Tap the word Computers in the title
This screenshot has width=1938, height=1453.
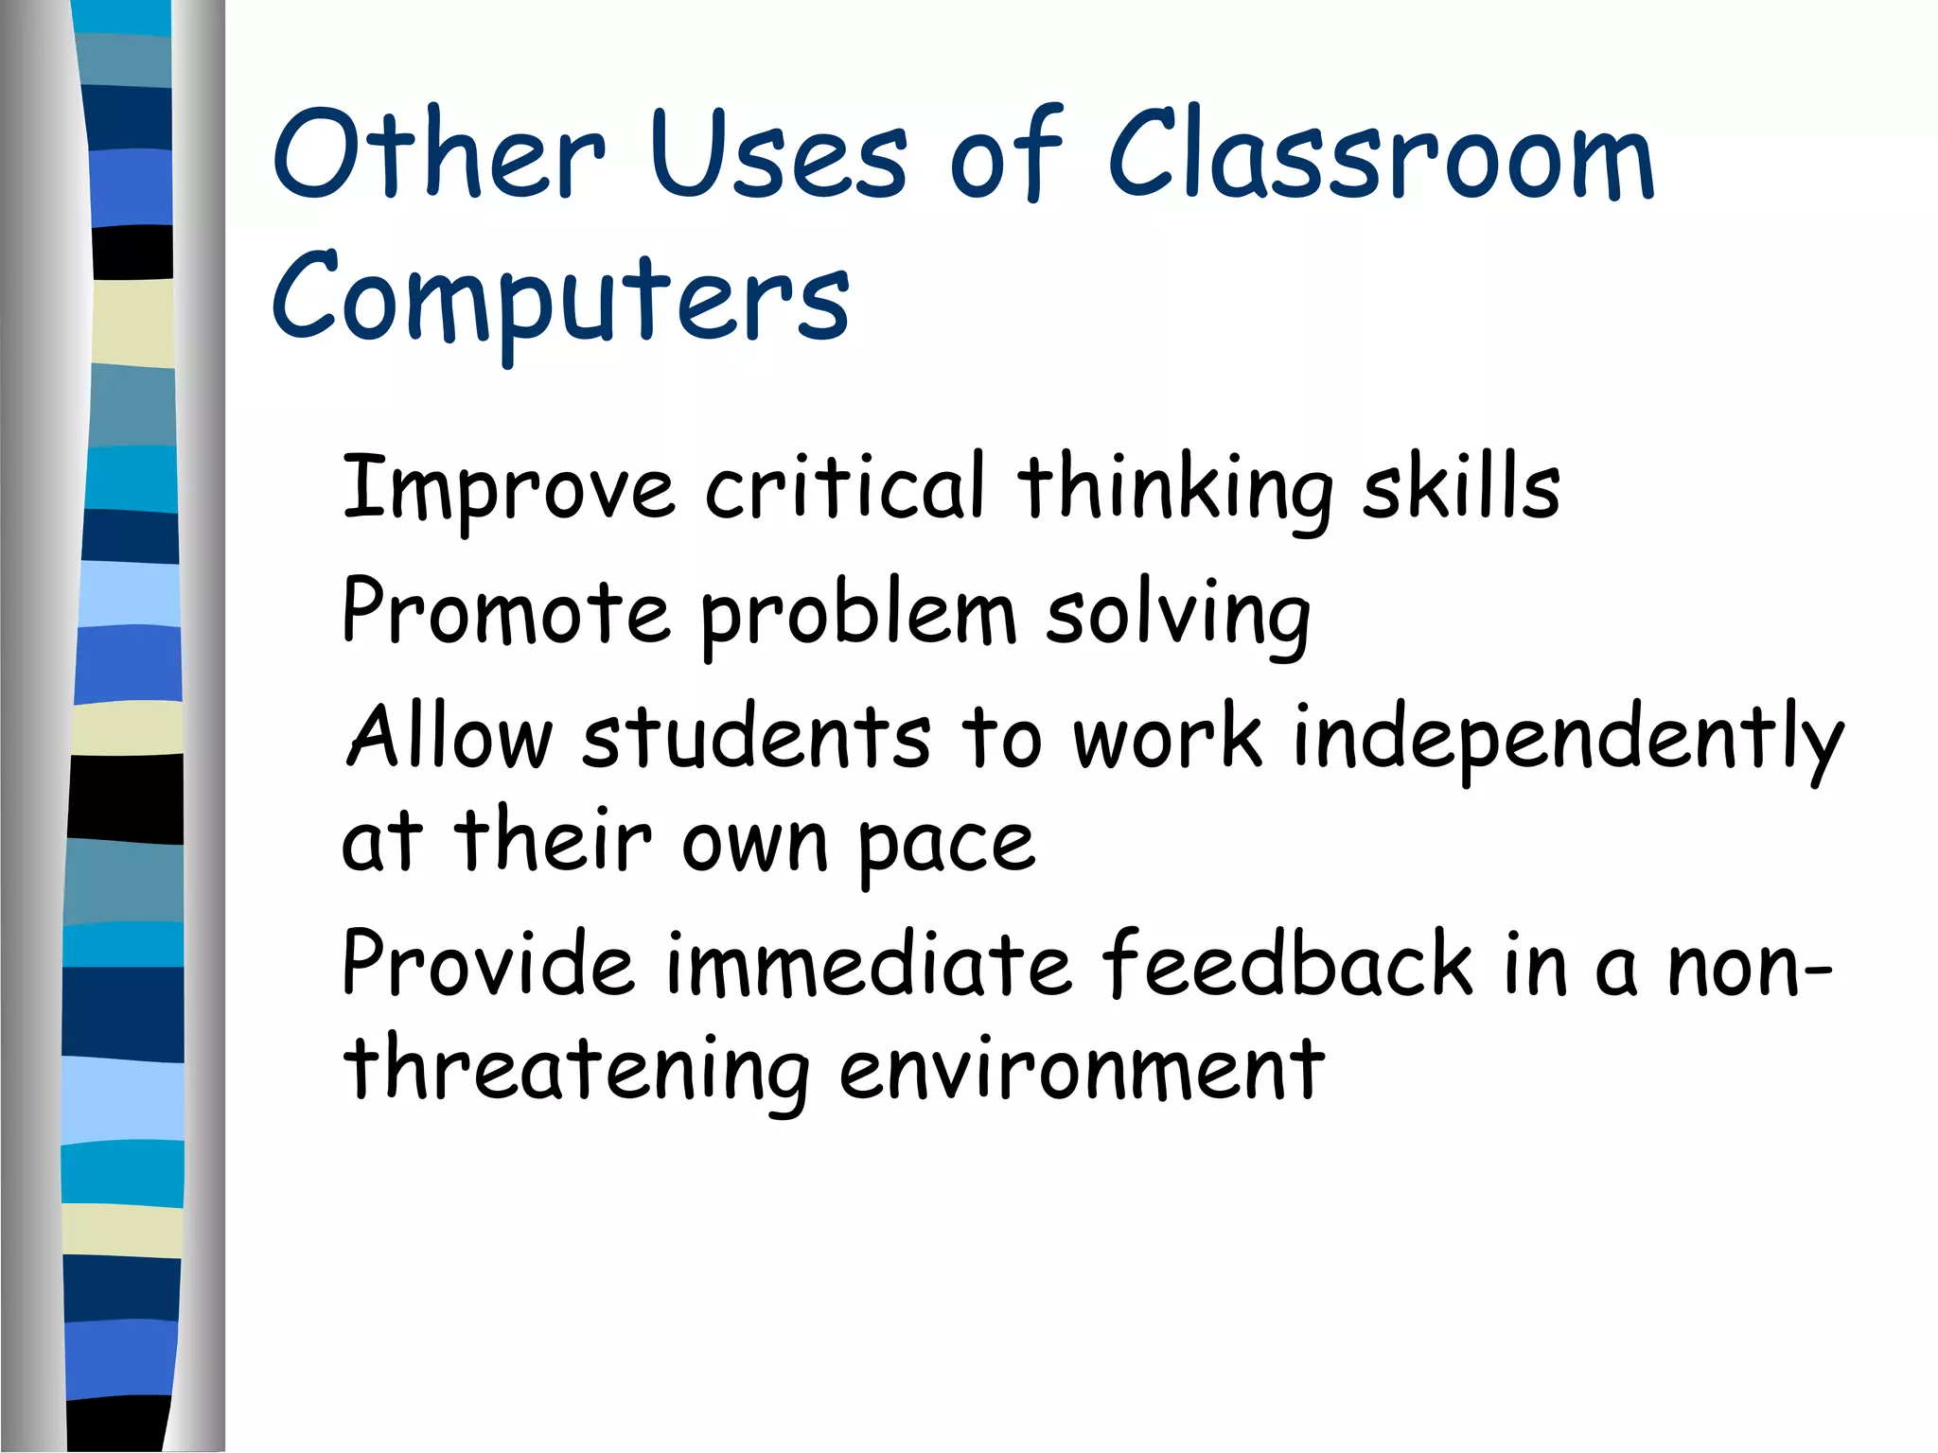click(560, 298)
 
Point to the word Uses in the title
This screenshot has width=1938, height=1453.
click(778, 156)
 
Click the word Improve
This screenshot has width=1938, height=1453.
click(508, 488)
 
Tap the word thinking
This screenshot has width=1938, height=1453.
click(1174, 490)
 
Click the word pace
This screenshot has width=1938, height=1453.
click(946, 844)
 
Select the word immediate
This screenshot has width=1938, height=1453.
click(868, 964)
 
